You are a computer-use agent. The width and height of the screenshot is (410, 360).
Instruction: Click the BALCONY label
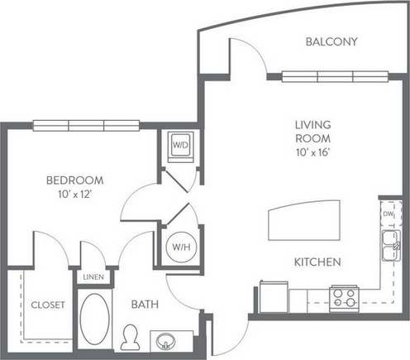pyautogui.click(x=331, y=41)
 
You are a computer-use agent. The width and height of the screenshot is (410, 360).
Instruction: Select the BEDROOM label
pyautogui.click(x=74, y=180)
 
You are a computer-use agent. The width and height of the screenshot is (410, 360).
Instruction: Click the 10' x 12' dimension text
pyautogui.click(x=74, y=194)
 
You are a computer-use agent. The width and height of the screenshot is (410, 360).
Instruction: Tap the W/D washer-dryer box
pyautogui.click(x=180, y=146)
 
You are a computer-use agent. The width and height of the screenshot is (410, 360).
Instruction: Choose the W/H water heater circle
pyautogui.click(x=181, y=246)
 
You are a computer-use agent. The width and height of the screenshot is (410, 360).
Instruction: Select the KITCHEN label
pyautogui.click(x=318, y=262)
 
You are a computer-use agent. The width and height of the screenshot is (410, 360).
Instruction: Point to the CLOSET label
pyautogui.click(x=48, y=305)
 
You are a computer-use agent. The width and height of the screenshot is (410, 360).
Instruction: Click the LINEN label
pyautogui.click(x=93, y=277)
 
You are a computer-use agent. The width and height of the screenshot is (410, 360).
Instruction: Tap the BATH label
pyautogui.click(x=145, y=305)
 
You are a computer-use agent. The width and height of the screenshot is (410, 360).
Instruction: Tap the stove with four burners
pyautogui.click(x=343, y=297)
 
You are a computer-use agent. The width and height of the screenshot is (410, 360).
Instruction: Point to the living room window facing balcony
pyautogui.click(x=318, y=76)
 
